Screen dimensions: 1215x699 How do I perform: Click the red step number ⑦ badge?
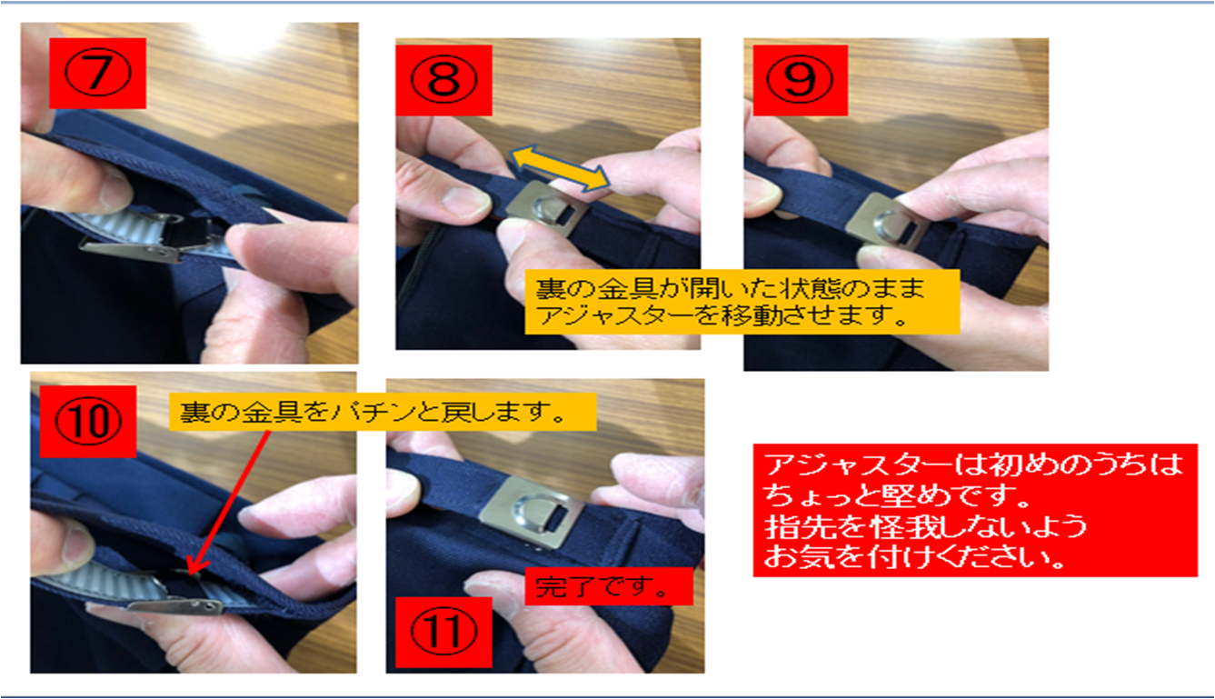tap(97, 74)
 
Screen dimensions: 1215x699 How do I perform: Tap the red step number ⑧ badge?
tap(443, 80)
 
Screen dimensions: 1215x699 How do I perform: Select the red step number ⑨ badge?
tap(800, 80)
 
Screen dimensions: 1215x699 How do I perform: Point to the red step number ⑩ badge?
tap(88, 422)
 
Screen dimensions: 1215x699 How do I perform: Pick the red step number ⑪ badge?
tap(443, 633)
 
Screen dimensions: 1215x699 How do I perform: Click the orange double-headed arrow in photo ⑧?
tap(559, 167)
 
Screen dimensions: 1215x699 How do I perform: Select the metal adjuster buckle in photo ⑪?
tap(531, 512)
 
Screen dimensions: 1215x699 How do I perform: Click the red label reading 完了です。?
tap(609, 586)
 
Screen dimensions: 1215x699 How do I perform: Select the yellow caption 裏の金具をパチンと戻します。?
tap(383, 413)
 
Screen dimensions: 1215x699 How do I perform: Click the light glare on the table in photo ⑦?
tap(242, 35)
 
